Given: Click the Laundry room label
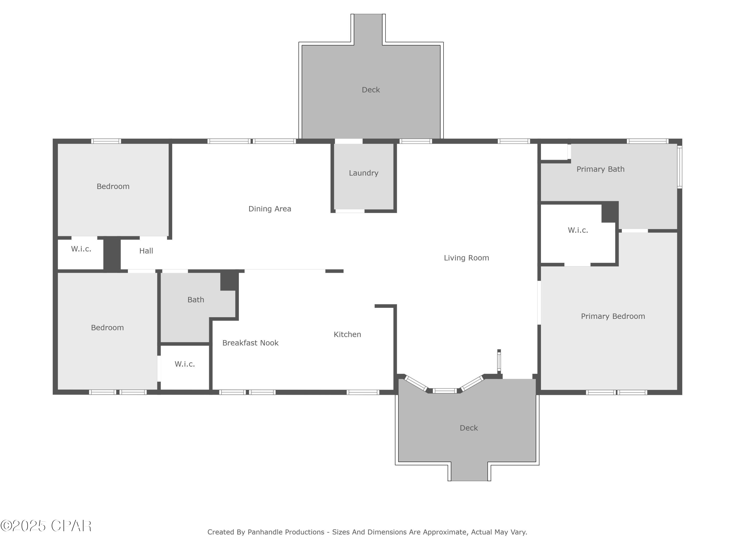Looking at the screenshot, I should [x=364, y=173].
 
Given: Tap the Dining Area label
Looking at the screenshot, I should [x=269, y=209].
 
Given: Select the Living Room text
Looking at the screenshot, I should [x=466, y=258].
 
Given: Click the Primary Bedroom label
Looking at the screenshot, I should [x=613, y=316].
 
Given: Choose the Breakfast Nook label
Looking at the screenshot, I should [x=250, y=343].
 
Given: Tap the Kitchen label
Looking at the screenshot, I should [x=347, y=335].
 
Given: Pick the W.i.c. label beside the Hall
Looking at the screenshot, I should [x=81, y=249].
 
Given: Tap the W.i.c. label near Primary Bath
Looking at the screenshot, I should [x=578, y=230].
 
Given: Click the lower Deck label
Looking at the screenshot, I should [x=468, y=428].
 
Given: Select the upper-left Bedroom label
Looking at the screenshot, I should [x=113, y=187].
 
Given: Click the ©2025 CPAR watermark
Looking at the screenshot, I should [x=46, y=526].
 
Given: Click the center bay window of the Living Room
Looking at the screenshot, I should [x=445, y=391].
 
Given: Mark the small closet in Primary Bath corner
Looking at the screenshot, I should [x=553, y=152].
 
